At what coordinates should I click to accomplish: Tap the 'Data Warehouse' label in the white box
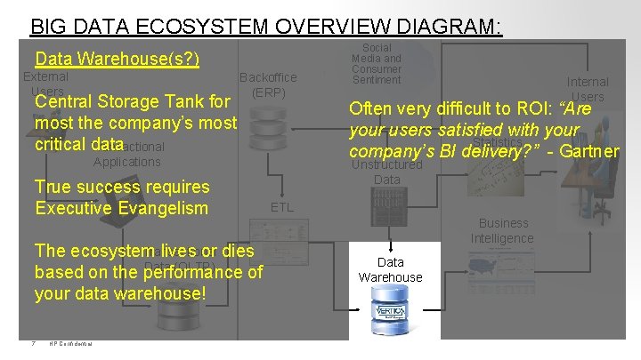coord(390,269)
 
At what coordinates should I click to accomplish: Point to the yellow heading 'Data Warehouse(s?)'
coord(117,60)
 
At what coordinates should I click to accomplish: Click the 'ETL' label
coord(281,207)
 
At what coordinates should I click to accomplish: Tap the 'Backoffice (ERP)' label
coord(268,84)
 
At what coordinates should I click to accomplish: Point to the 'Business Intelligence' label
coord(503,230)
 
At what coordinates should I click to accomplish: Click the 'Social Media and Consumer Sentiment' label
coord(376,64)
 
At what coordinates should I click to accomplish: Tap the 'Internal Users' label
coord(588,89)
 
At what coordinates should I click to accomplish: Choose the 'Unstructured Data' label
coord(386,172)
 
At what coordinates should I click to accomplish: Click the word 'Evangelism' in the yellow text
coord(162,208)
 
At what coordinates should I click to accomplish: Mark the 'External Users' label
coord(45,84)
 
